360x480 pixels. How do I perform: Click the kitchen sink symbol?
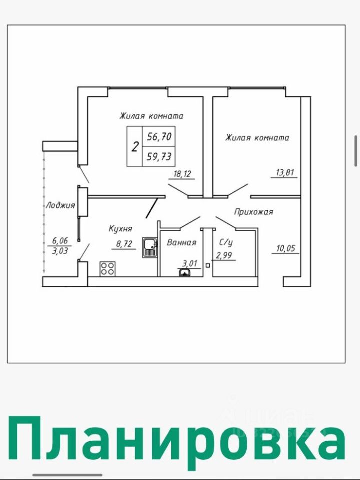pos(149,247)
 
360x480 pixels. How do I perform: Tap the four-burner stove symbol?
pos(107,269)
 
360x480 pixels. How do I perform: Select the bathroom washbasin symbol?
pos(184,272)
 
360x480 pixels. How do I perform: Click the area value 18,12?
pos(183,174)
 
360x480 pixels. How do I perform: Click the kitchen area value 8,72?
pos(124,244)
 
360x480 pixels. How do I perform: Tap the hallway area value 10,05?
pos(286,248)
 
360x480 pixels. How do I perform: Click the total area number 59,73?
pos(159,157)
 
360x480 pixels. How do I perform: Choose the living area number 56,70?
pos(159,136)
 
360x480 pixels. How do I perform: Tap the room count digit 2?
pos(135,147)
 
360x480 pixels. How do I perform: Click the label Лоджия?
pos(60,205)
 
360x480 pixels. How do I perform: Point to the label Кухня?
pos(120,229)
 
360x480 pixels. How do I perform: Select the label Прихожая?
pos(254,212)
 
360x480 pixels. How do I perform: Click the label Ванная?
pos(181,242)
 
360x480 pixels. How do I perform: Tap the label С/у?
pos(226,242)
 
